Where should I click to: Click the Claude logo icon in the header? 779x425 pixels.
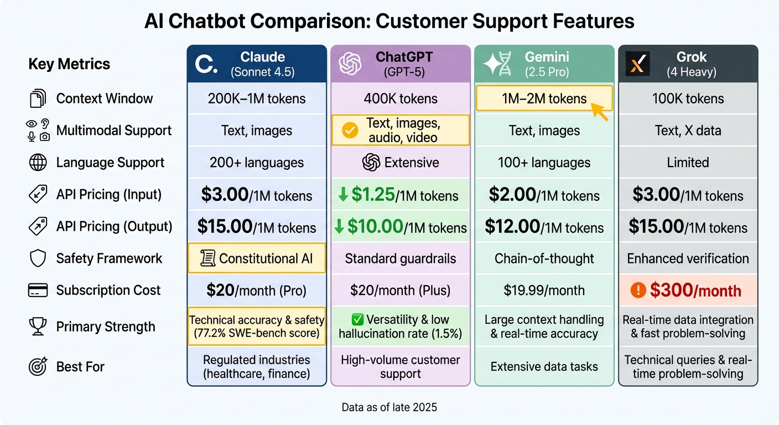pyautogui.click(x=206, y=65)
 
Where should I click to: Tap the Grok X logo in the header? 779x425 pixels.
pyautogui.click(x=637, y=64)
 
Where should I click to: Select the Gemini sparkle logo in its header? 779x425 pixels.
pyautogui.click(x=494, y=64)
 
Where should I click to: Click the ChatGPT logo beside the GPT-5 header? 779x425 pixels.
pyautogui.click(x=350, y=64)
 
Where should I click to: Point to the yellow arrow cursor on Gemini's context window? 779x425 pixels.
pyautogui.click(x=599, y=110)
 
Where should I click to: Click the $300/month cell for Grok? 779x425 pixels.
pyautogui.click(x=688, y=291)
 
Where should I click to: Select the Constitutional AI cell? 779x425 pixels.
pyautogui.click(x=257, y=258)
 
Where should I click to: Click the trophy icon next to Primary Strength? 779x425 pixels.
pyautogui.click(x=38, y=327)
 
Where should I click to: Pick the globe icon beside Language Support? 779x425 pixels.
pyautogui.click(x=38, y=163)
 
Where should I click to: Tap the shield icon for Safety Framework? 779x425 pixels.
pyautogui.click(x=38, y=258)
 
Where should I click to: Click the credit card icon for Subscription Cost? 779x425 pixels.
pyautogui.click(x=38, y=291)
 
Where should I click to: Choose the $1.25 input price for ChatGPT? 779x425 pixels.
pyautogui.click(x=373, y=195)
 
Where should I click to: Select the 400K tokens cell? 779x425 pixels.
pyautogui.click(x=401, y=99)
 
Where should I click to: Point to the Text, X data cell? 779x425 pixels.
pyautogui.click(x=688, y=131)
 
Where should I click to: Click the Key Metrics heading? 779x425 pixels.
pyautogui.click(x=69, y=64)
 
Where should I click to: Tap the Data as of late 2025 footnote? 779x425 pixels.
pyautogui.click(x=389, y=408)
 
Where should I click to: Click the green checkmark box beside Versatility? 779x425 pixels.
pyautogui.click(x=357, y=320)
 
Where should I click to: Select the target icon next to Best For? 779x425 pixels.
pyautogui.click(x=38, y=366)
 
